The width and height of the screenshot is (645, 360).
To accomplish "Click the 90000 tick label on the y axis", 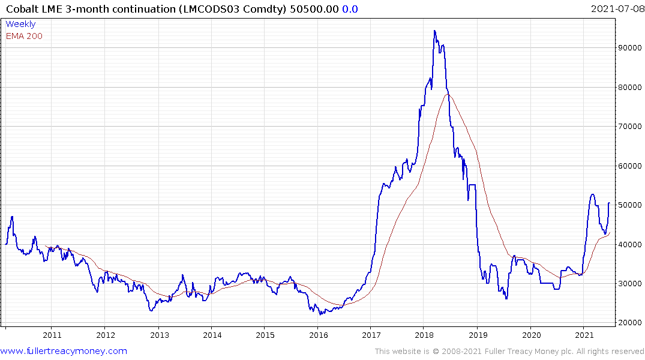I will point(630,48).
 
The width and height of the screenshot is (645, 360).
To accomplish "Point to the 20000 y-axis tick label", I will point(630,323).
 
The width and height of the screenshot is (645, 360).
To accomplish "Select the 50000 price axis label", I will point(630,205).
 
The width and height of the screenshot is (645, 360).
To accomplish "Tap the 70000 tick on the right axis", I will point(630,127).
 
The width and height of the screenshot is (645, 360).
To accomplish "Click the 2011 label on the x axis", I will point(52,335).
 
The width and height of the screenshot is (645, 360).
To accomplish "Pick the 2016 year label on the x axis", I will point(318,335).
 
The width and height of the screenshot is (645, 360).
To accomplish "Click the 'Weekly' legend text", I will point(20,25).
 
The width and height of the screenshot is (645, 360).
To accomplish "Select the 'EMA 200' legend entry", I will point(24,36).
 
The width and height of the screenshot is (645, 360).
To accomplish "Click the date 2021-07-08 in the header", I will point(616,8).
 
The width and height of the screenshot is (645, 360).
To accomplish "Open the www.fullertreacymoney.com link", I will point(64,351).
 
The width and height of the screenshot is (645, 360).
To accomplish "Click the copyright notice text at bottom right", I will point(509,352).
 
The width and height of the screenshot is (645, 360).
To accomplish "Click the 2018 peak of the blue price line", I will point(434,31).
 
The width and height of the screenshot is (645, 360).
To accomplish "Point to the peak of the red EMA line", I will point(448,94).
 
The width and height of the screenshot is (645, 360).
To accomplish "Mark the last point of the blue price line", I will point(609,203).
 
